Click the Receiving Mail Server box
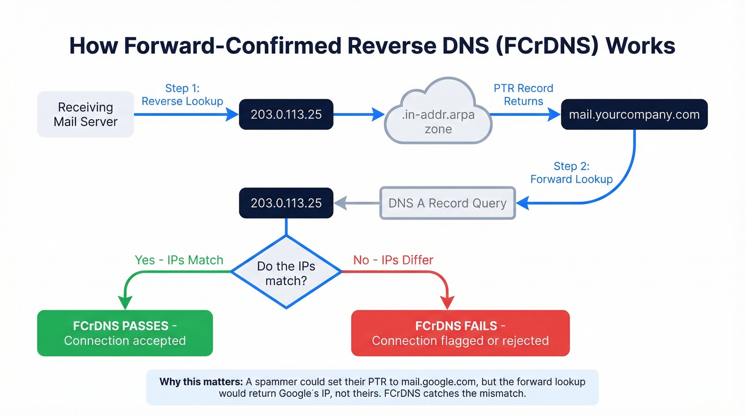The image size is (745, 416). coord(85,115)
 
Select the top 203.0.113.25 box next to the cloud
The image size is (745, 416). coord(286,114)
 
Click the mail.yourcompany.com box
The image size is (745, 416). coord(634,114)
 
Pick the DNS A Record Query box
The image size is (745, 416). coord(447,203)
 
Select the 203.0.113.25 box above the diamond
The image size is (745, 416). coord(286,203)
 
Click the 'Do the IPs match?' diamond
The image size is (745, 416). coord(286,272)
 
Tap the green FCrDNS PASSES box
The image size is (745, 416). coord(125,333)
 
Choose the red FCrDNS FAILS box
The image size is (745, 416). coord(460,333)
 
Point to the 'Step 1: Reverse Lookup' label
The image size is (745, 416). coord(182,95)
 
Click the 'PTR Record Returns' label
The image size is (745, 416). coord(523,95)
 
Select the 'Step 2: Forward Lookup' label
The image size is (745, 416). coord(572,173)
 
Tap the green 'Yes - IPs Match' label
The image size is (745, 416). coord(179,260)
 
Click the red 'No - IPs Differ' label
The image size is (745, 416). coord(393,260)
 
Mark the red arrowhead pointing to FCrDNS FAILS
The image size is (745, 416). coord(448,303)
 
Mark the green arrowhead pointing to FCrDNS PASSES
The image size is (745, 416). coord(125,303)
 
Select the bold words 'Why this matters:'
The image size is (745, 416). coord(201,382)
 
